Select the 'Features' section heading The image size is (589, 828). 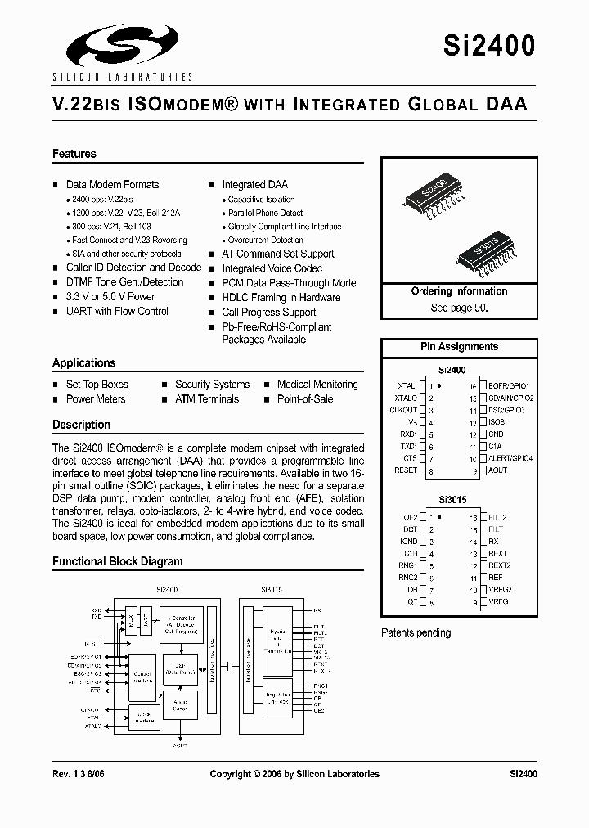(x=74, y=154)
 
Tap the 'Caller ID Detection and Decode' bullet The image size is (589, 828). (x=133, y=268)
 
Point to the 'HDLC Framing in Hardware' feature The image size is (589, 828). (x=281, y=297)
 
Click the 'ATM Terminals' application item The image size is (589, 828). (x=207, y=399)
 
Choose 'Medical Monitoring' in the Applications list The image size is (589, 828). (x=317, y=385)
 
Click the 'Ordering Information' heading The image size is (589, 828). (x=459, y=291)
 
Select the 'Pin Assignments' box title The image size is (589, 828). (x=459, y=347)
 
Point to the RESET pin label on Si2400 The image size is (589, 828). (x=406, y=470)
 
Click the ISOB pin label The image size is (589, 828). (x=497, y=422)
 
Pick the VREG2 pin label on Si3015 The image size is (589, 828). (x=501, y=590)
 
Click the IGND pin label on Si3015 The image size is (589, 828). (x=409, y=541)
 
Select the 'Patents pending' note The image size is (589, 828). (x=416, y=632)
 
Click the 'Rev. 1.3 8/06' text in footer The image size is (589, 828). (x=80, y=774)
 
